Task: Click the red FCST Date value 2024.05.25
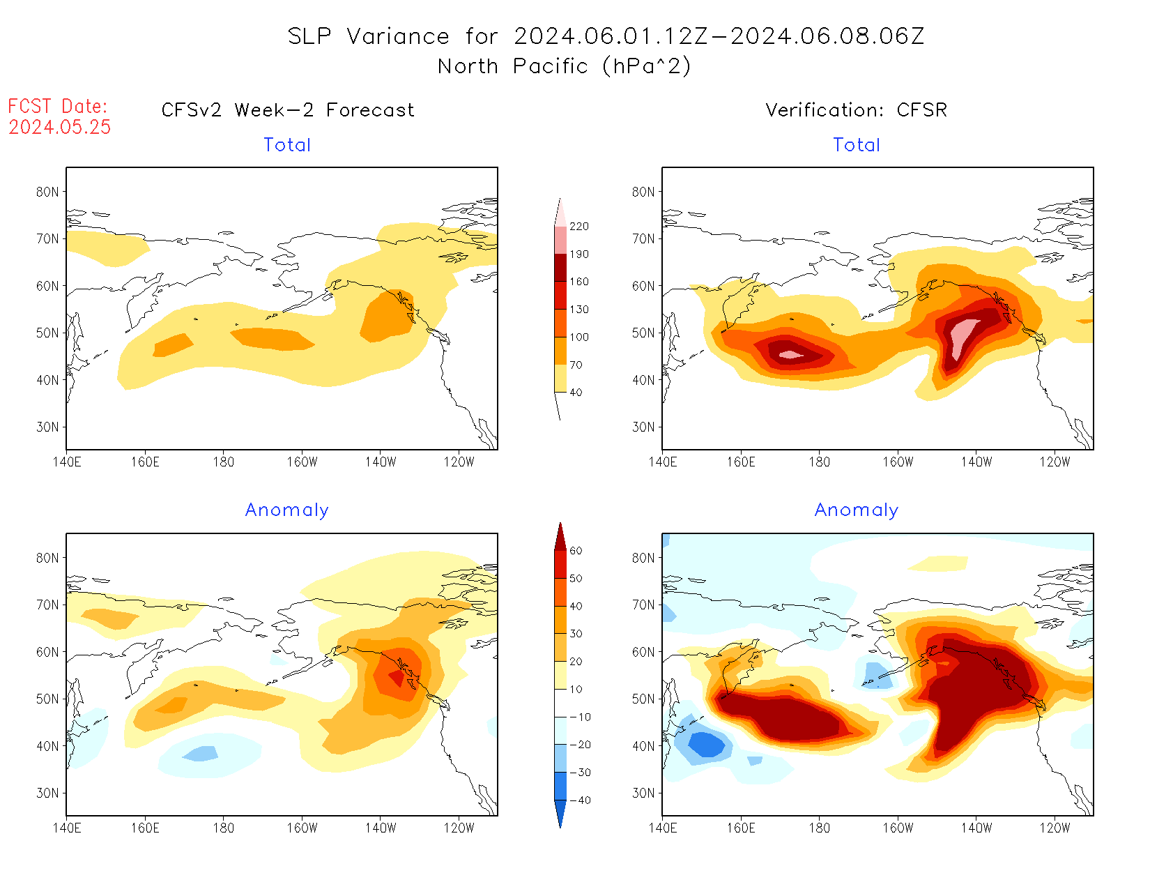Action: tap(60, 127)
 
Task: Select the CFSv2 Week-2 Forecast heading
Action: tap(288, 110)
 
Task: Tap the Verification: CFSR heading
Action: tap(857, 110)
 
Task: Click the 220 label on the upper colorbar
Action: tap(579, 227)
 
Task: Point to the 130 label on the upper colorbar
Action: tap(579, 310)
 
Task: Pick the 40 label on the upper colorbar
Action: tap(576, 393)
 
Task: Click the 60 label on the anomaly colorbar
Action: tap(576, 551)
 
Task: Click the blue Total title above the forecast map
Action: tap(287, 145)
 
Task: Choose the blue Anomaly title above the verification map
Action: tap(857, 510)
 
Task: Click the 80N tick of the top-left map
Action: tap(47, 192)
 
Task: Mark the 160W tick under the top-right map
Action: tap(898, 462)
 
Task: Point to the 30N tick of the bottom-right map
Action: tap(643, 793)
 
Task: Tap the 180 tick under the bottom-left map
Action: tap(224, 828)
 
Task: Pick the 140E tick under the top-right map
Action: tap(663, 462)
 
